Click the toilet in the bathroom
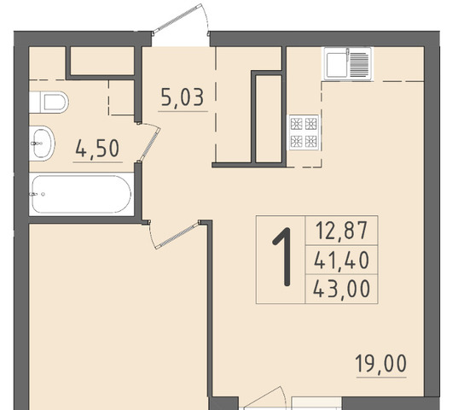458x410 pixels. click(x=49, y=102)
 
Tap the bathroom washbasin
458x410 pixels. click(x=42, y=143)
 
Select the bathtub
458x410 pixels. click(x=82, y=194)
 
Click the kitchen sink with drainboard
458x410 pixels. click(x=348, y=63)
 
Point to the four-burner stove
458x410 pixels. click(x=304, y=132)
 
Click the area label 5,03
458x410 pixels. click(x=183, y=97)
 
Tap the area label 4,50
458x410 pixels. click(x=97, y=148)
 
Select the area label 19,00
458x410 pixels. click(x=381, y=363)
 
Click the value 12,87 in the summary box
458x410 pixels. click(x=341, y=231)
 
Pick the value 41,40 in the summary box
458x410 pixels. click(x=341, y=261)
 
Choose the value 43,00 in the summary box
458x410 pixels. click(x=341, y=289)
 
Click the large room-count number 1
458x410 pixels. click(x=283, y=256)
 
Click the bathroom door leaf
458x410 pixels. click(x=149, y=143)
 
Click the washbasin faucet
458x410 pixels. click(x=36, y=143)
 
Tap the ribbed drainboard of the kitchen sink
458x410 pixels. click(x=359, y=63)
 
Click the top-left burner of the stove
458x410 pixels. click(x=296, y=123)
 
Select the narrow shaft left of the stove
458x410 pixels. click(x=268, y=119)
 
